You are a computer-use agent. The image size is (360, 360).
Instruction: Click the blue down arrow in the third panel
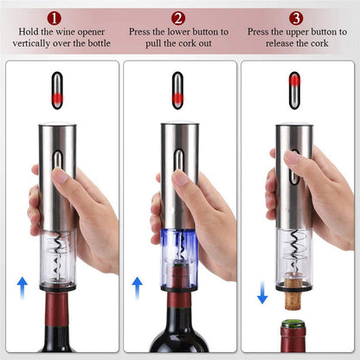(x=262, y=293)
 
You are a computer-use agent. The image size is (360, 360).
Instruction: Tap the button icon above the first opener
(x=59, y=90)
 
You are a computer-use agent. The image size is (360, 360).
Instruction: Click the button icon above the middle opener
(x=179, y=90)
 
